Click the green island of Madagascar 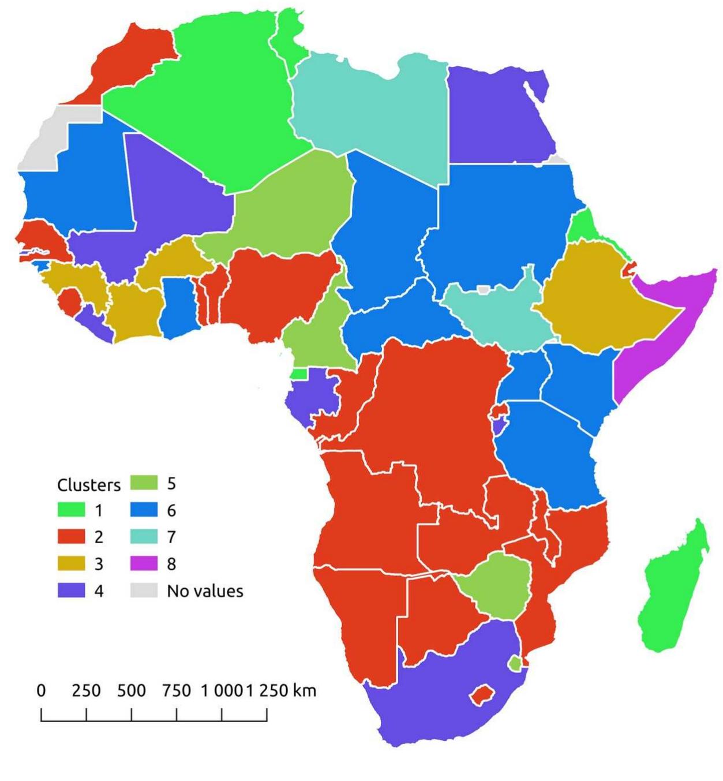tap(669, 595)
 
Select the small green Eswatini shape tap(515, 664)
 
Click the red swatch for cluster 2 tap(71, 537)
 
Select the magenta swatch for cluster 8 tap(144, 563)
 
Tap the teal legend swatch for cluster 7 tap(144, 537)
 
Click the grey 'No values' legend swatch tap(144, 591)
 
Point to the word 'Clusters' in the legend tap(89, 485)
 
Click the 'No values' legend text tap(205, 591)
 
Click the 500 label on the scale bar tap(131, 690)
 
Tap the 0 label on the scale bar tap(41, 690)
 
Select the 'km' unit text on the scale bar tap(304, 690)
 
